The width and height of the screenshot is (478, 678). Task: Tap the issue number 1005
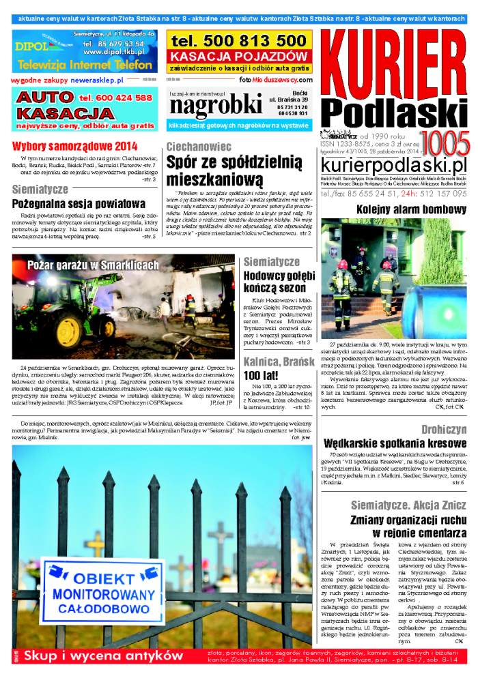pyautogui.click(x=444, y=144)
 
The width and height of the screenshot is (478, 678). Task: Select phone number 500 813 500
pyautogui.click(x=238, y=41)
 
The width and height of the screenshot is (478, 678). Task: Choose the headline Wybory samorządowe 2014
pyautogui.click(x=74, y=146)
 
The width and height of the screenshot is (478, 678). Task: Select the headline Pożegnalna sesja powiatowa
pyautogui.click(x=79, y=203)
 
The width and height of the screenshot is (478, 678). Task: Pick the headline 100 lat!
pyautogui.click(x=261, y=376)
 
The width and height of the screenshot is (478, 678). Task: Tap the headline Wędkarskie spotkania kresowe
pyautogui.click(x=395, y=443)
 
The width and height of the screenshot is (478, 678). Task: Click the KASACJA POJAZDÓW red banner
pyautogui.click(x=239, y=56)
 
